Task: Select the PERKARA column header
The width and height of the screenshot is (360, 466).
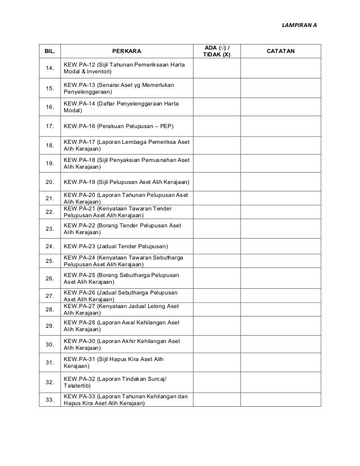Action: (127, 51)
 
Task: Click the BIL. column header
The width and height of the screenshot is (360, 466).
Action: (50, 51)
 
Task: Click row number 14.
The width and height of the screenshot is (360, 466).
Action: (50, 69)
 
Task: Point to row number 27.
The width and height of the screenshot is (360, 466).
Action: (50, 296)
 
